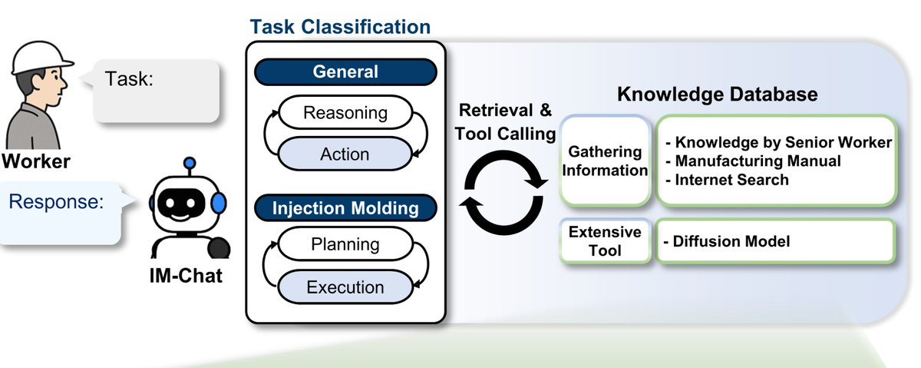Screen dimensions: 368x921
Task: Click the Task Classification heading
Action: coord(340,27)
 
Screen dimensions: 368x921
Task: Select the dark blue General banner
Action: coord(345,72)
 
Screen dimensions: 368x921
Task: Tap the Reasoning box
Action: coord(345,114)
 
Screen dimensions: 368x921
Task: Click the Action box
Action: coord(345,154)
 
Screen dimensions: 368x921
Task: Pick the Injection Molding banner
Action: coord(345,207)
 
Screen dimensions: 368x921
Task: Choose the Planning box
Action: coord(345,245)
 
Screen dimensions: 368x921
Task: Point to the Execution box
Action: coord(345,287)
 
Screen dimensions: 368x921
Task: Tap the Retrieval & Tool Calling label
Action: coord(505,121)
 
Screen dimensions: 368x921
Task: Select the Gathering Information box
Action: coord(606,160)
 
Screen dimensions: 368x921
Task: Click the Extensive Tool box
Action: coord(606,240)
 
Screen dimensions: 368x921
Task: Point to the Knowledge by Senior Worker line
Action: coord(777,142)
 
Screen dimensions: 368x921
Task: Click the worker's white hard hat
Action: coord(38,55)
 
